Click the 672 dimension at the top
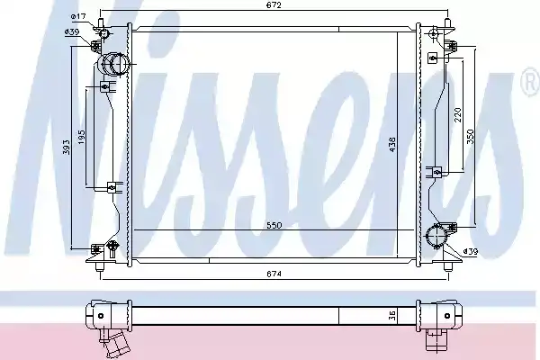274,5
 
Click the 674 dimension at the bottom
274,274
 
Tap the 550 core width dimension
274,225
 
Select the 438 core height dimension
392,145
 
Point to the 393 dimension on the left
67,147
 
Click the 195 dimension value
82,137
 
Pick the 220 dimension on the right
458,115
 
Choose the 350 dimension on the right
471,137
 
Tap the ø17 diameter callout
78,16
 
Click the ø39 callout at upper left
72,32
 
